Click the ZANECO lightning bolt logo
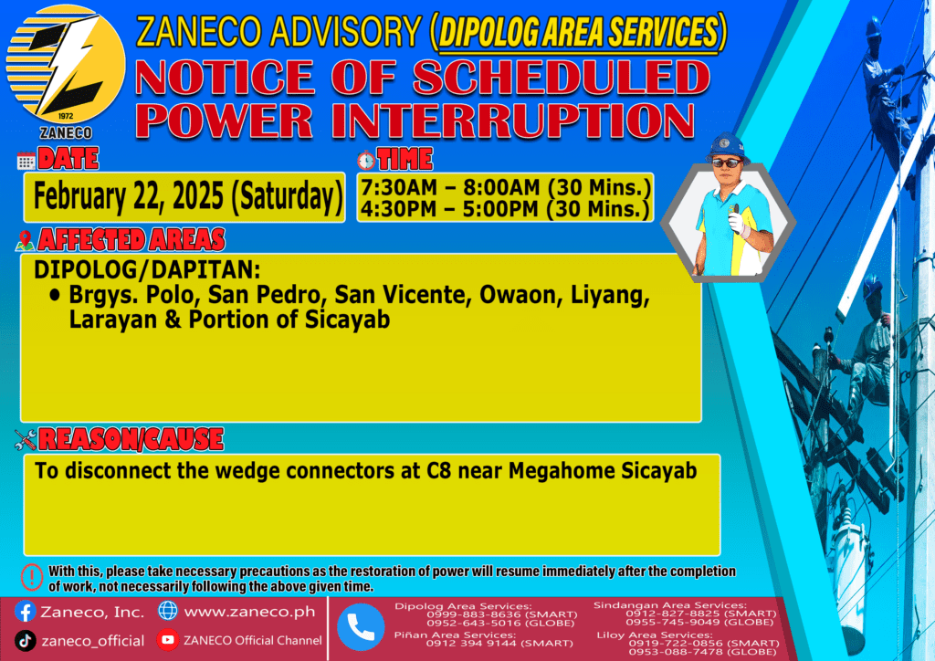tap(66, 65)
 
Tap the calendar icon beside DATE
tap(26, 161)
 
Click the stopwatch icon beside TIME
tap(366, 161)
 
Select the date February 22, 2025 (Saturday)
tap(188, 196)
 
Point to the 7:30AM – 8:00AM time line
tap(505, 187)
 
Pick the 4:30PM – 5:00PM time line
tap(504, 209)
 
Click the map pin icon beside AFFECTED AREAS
tap(25, 241)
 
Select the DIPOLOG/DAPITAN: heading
tap(147, 270)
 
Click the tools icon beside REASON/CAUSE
tap(26, 440)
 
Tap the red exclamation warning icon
tap(32, 577)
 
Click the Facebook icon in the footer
tap(25, 612)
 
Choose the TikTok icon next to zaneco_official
tap(25, 641)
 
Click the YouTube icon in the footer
tap(168, 639)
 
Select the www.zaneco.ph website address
tap(249, 612)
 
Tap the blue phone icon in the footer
tap(361, 626)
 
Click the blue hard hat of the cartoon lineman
tap(726, 147)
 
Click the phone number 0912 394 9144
tap(470, 643)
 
